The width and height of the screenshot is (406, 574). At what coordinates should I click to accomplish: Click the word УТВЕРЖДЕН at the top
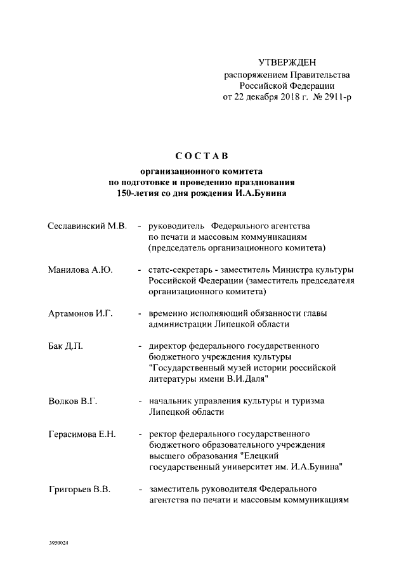[x=286, y=62]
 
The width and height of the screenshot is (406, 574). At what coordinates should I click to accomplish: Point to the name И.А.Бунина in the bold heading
[x=261, y=193]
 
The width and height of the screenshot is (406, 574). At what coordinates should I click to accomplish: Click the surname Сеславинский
[x=78, y=226]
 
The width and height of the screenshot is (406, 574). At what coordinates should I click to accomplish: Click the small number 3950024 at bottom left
[x=58, y=544]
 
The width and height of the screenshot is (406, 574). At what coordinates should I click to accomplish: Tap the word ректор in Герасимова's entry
[x=162, y=434]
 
